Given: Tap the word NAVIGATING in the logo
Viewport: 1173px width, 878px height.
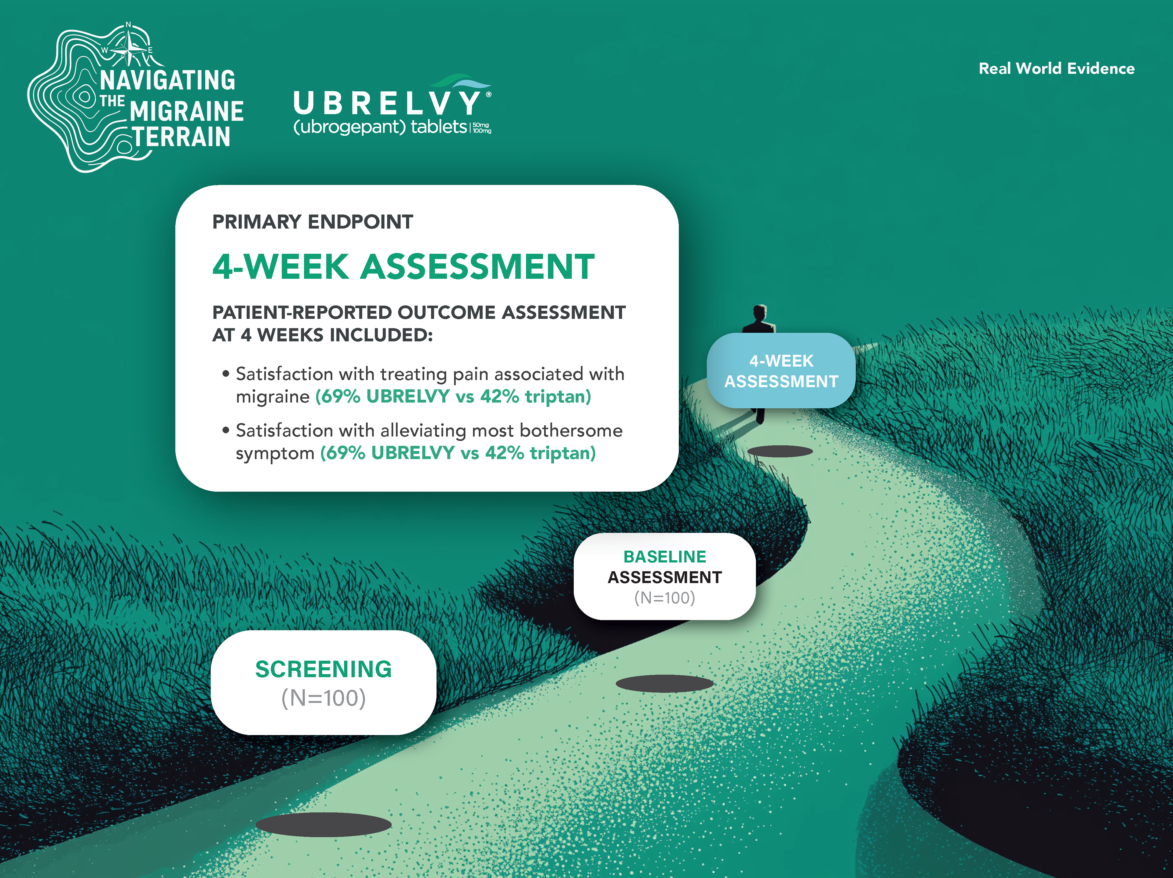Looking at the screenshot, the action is (x=168, y=81).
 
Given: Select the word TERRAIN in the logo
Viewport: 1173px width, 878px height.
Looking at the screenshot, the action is (x=181, y=137).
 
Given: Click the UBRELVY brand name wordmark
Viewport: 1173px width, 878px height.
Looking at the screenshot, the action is (x=387, y=103).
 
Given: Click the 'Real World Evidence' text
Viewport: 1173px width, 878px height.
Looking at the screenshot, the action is (x=1056, y=68).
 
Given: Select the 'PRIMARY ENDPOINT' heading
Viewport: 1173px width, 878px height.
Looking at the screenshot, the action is (x=312, y=221).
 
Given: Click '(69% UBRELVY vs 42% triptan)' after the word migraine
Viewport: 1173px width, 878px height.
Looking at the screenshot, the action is (x=453, y=397).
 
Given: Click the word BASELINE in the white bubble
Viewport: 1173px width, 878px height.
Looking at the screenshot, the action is (x=664, y=557).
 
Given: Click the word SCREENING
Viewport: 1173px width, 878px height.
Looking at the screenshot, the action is (x=323, y=669).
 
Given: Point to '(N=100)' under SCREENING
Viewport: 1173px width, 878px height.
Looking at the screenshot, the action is (x=323, y=698).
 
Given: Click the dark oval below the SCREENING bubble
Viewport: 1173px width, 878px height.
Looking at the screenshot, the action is (x=323, y=825).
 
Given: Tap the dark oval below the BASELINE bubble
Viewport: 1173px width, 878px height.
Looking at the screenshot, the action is (x=664, y=683).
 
